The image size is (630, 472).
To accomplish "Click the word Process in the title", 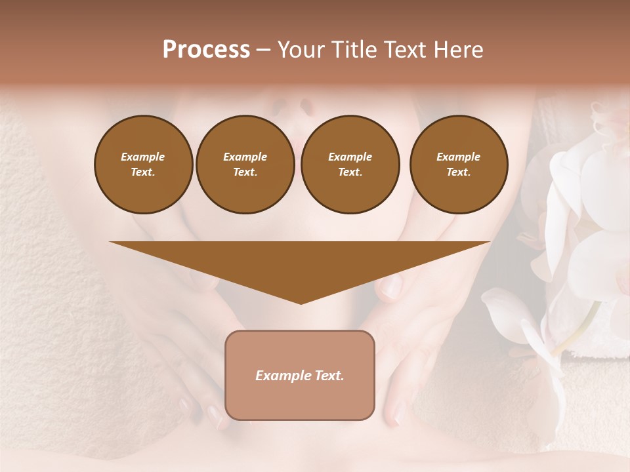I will coord(206,50).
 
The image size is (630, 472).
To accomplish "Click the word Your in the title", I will coord(302,50).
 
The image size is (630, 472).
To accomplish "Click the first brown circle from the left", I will coord(143,165).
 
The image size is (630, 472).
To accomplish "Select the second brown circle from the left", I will coord(245,165).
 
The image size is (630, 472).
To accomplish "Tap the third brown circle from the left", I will coord(350,165).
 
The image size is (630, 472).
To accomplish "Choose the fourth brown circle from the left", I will coord(458,165).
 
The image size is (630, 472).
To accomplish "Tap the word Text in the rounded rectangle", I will coord(329,376).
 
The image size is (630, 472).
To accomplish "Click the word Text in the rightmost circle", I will coord(457,172).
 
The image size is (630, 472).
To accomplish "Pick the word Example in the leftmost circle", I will coord(143,157).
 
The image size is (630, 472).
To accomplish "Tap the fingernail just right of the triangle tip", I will coord(391,286).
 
